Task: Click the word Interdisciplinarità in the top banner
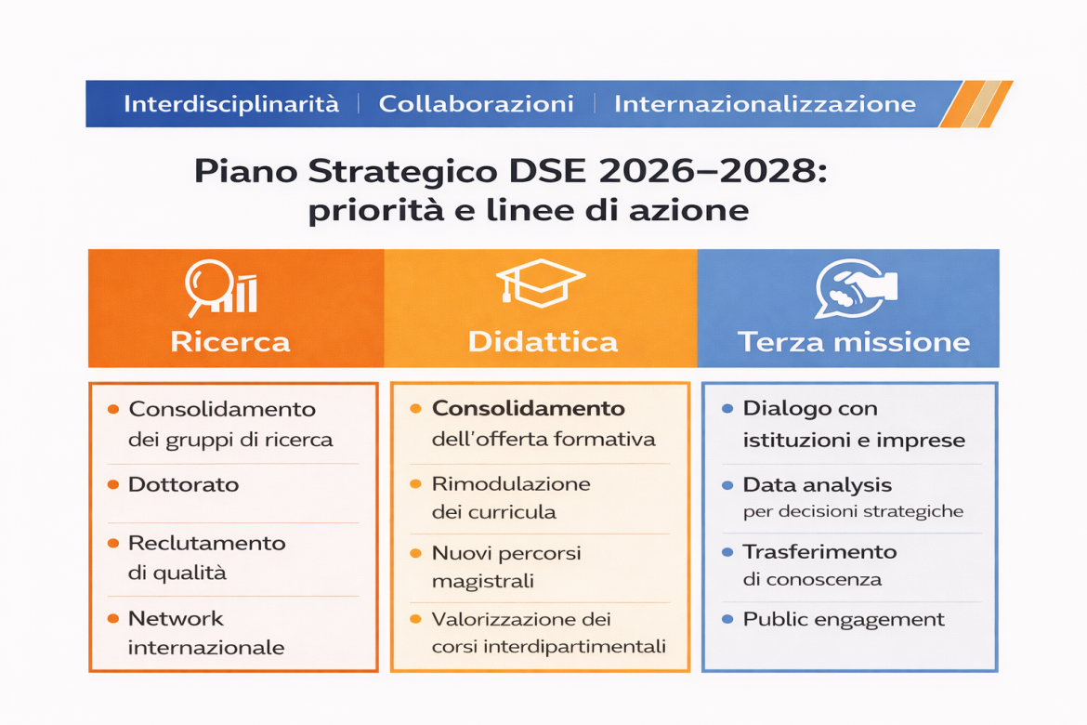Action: click(230, 104)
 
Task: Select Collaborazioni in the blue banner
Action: click(476, 104)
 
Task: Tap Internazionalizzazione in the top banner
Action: click(765, 104)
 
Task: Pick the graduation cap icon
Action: click(540, 283)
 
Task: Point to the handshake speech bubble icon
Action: click(854, 288)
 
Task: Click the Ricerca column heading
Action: click(230, 341)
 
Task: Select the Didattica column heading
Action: click(543, 341)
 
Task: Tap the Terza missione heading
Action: click(854, 341)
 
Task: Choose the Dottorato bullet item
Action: click(183, 484)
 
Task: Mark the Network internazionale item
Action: click(205, 633)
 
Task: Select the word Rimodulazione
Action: click(511, 484)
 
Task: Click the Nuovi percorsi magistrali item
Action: click(506, 567)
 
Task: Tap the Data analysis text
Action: click(817, 484)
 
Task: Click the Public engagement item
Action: click(843, 619)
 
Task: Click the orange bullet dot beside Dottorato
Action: click(112, 484)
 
